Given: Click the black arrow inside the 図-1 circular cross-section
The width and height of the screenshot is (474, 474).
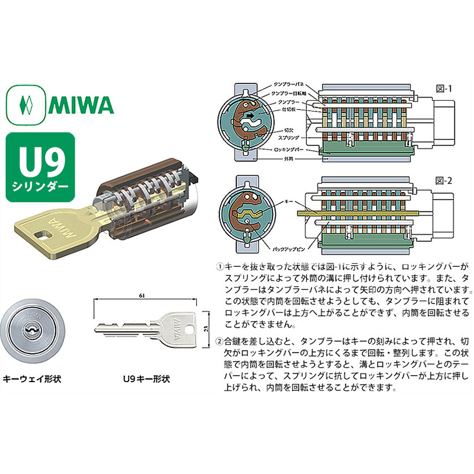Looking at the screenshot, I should click(x=252, y=116).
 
